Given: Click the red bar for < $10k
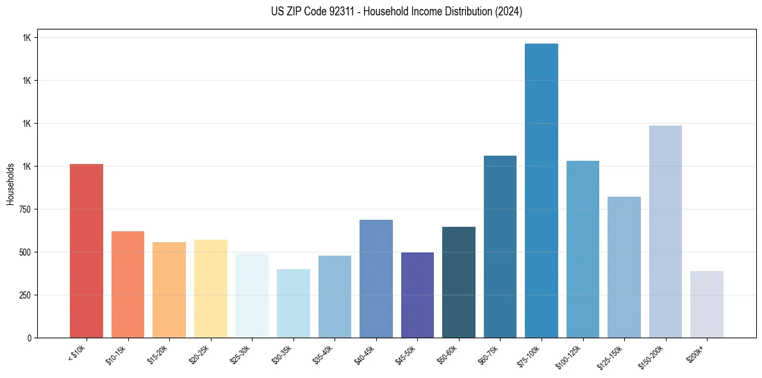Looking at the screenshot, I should tap(87, 251).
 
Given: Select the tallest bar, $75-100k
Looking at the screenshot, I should tap(542, 190).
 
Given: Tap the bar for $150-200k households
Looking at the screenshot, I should tap(665, 231).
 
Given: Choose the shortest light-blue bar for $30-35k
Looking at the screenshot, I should tap(294, 303).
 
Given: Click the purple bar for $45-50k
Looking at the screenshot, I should tap(417, 295).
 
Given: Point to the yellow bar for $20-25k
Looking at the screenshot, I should tap(211, 288).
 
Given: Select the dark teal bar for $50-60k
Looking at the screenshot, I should tap(459, 282).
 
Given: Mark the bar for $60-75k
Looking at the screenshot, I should tap(500, 246).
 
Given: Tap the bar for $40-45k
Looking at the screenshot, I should tap(376, 278).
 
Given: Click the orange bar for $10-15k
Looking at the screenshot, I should tap(128, 284).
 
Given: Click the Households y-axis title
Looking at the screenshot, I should tap(10, 184).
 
